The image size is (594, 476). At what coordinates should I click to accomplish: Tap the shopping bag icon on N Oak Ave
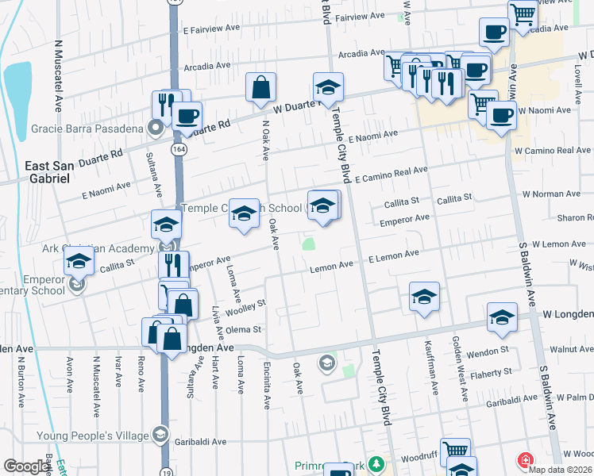260,88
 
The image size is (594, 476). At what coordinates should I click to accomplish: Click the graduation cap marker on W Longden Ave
502,319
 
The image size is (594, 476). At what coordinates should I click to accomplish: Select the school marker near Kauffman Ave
425,297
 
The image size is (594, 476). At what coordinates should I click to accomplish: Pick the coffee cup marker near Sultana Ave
187,117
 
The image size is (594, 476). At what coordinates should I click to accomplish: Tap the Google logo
27,466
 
